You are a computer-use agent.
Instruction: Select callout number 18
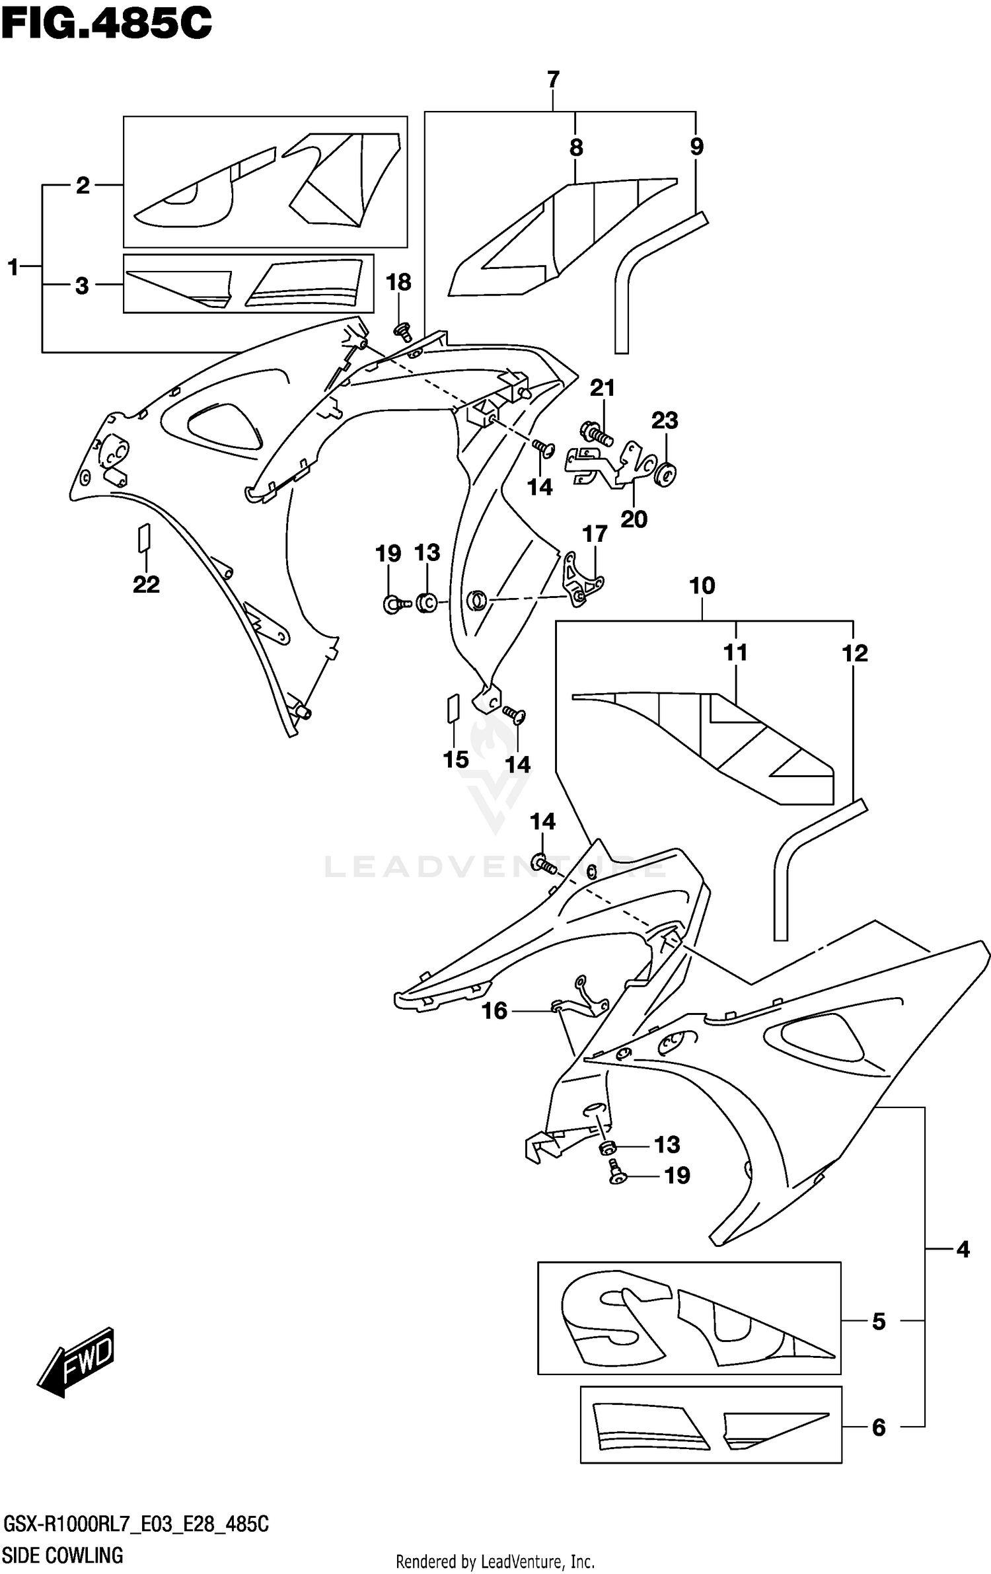tap(398, 282)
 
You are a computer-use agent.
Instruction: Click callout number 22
tap(146, 584)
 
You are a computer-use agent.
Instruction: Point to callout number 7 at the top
tap(553, 79)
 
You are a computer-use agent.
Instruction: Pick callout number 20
tap(634, 519)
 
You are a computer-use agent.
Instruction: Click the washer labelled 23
tap(665, 474)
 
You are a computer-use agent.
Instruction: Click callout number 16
tap(494, 1010)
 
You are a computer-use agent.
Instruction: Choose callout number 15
tap(456, 759)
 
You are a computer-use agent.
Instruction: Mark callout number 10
tap(702, 585)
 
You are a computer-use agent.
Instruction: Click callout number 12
tap(854, 654)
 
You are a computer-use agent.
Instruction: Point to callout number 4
tap(963, 1249)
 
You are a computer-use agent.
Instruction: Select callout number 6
tap(878, 1427)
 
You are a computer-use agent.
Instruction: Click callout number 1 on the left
tap(13, 268)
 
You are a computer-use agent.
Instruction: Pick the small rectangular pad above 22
tap(145, 538)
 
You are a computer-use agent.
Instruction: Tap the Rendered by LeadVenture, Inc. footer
tap(495, 1556)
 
